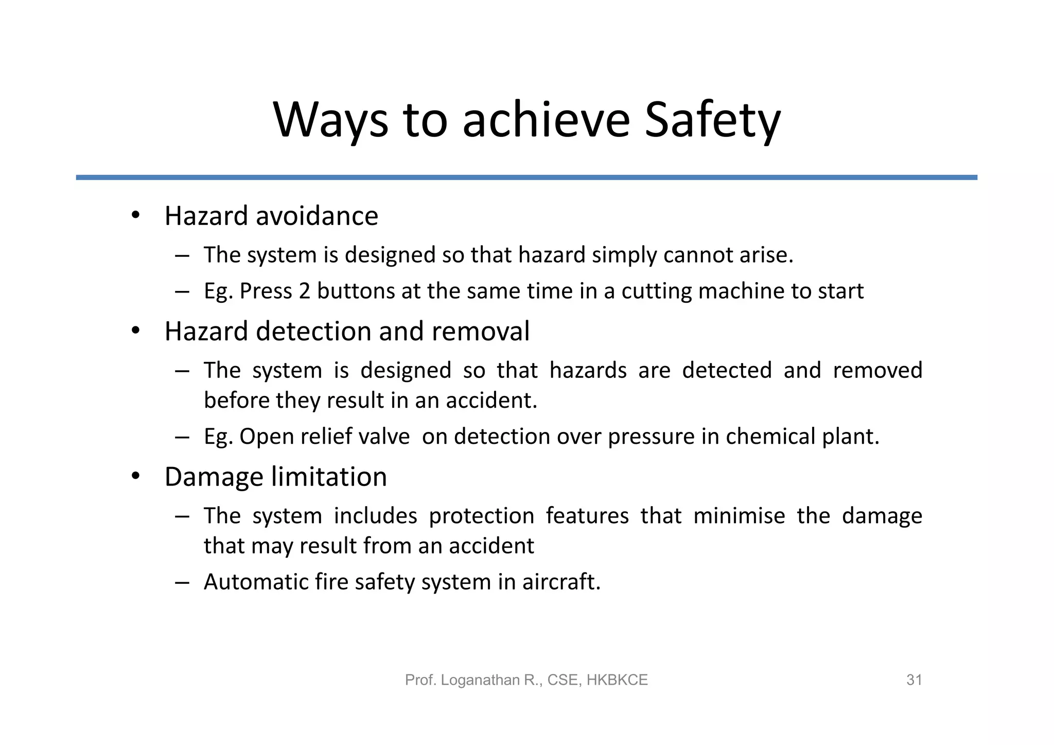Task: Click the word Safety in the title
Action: pyautogui.click(x=712, y=120)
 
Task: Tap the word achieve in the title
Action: pyautogui.click(x=546, y=120)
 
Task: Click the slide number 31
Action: pyautogui.click(x=914, y=680)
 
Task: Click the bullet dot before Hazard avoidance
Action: pyautogui.click(x=135, y=215)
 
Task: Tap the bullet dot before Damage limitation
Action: pyautogui.click(x=135, y=476)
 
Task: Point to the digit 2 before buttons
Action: pyautogui.click(x=304, y=291)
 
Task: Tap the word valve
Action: pyautogui.click(x=384, y=437)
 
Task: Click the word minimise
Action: pyautogui.click(x=739, y=516)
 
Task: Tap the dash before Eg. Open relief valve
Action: pyautogui.click(x=182, y=437)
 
